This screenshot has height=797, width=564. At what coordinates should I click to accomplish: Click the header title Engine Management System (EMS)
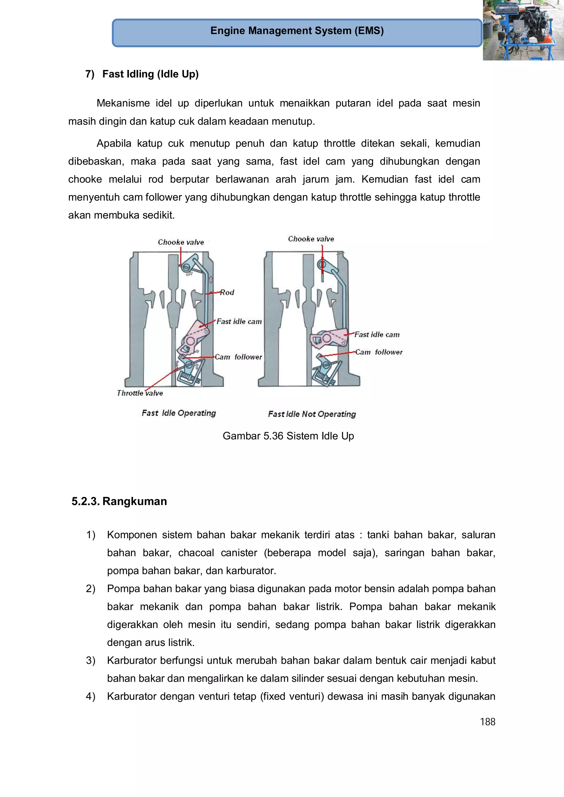coord(297,31)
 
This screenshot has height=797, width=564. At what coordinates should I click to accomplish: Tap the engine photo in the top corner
coord(523,30)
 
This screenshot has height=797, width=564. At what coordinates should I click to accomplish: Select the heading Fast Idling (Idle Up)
coord(150,74)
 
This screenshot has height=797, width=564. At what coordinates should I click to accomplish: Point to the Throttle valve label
coord(140,393)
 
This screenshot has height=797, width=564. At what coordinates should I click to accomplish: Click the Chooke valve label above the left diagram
coord(181,242)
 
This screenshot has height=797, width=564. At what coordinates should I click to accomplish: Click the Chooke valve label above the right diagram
coord(311,239)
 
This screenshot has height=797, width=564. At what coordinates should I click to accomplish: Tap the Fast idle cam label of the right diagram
coord(377,335)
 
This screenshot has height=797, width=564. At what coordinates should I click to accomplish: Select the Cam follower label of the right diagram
coord(378,352)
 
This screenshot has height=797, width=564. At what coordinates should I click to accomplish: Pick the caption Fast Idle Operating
coord(179,413)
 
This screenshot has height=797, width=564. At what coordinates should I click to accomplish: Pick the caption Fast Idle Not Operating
coord(312,414)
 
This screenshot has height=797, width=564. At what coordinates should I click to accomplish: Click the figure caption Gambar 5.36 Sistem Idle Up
coord(288,436)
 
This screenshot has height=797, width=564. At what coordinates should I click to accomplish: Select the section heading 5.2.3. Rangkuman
coord(119,501)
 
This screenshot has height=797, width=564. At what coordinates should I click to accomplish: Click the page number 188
coord(487,722)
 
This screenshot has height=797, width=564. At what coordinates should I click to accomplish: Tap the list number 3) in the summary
coord(91,661)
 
